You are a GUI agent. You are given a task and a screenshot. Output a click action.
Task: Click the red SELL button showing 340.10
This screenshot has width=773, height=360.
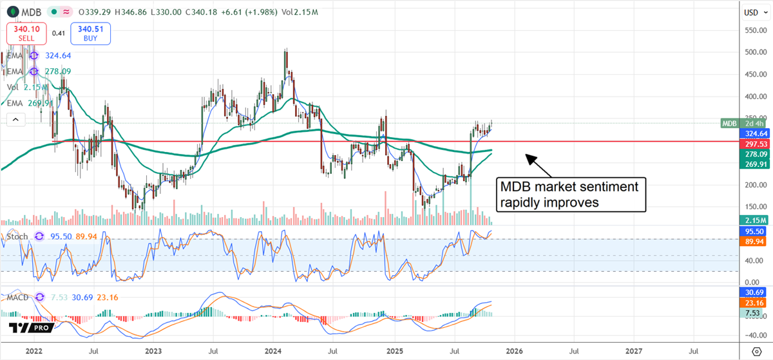(26, 32)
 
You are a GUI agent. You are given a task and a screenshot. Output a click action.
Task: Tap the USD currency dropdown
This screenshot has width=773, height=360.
(754, 12)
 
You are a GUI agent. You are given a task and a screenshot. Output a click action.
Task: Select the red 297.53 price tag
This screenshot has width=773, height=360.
(754, 144)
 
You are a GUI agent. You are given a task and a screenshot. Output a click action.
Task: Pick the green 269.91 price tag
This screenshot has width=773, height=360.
(754, 165)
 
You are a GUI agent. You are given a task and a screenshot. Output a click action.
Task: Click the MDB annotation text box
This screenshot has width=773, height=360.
(571, 194)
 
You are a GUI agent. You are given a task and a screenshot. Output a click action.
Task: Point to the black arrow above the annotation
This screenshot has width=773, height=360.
(539, 164)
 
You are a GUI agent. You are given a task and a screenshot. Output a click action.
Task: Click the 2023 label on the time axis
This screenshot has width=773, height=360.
(153, 351)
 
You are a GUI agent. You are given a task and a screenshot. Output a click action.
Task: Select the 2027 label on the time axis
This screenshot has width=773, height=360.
(634, 351)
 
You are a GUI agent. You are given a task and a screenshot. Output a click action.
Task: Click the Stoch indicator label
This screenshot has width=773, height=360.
(18, 236)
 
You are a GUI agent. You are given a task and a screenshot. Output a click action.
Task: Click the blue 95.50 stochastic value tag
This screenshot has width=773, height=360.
(754, 231)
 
